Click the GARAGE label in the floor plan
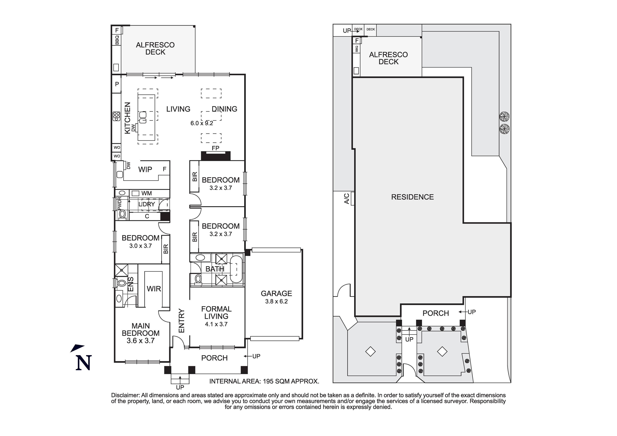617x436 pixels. [276, 293]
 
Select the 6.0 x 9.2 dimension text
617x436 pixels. [202, 123]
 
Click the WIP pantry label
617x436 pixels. [145, 169]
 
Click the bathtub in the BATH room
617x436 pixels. [236, 269]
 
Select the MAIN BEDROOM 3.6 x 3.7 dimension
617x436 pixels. [141, 341]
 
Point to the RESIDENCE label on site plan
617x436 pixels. [412, 197]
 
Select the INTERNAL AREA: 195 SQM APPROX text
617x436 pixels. [264, 381]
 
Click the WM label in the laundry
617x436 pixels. [146, 193]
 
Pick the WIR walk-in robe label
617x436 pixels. [154, 289]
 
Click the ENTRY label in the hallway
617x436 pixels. [182, 321]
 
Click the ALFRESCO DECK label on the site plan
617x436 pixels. [388, 58]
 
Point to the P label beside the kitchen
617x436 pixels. [117, 84]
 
